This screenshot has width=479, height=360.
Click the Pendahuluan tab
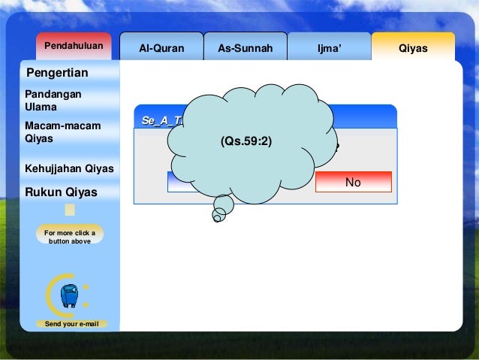click(74, 47)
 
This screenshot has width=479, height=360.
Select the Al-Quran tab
click(161, 48)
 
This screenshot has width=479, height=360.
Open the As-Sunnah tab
click(245, 48)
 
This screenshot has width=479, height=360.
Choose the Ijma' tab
click(329, 48)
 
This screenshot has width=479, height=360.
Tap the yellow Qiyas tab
click(413, 48)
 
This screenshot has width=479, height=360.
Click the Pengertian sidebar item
click(57, 73)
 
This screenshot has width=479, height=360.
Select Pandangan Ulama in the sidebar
click(53, 100)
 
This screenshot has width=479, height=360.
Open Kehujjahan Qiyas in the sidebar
click(69, 168)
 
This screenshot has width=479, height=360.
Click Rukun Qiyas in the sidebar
click(62, 192)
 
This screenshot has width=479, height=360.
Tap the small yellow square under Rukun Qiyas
click(70, 210)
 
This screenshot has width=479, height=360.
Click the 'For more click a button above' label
click(70, 237)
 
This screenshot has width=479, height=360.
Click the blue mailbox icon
click(69, 296)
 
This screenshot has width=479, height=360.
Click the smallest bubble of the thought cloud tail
click(217, 219)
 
